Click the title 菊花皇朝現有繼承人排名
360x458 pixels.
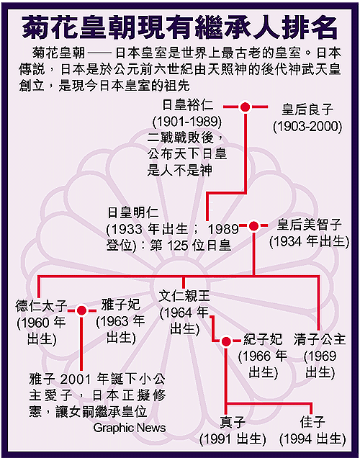180,27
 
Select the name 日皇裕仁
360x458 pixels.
188,105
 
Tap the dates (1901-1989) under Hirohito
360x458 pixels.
187,121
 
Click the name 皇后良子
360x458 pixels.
307,109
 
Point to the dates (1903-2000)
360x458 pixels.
307,126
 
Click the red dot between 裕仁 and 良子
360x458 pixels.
246,107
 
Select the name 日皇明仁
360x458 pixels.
133,212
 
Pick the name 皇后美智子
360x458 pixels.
309,225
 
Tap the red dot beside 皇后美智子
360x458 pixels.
253,226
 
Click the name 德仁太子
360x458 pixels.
41,306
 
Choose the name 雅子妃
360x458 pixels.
121,305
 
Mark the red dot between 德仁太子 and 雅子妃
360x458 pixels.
81,310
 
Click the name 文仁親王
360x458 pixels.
184,296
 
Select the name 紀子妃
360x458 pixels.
263,339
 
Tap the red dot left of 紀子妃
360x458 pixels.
226,341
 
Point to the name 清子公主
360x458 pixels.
320,339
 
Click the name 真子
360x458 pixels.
233,422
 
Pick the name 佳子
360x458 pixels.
312,422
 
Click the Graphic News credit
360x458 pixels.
130,428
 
